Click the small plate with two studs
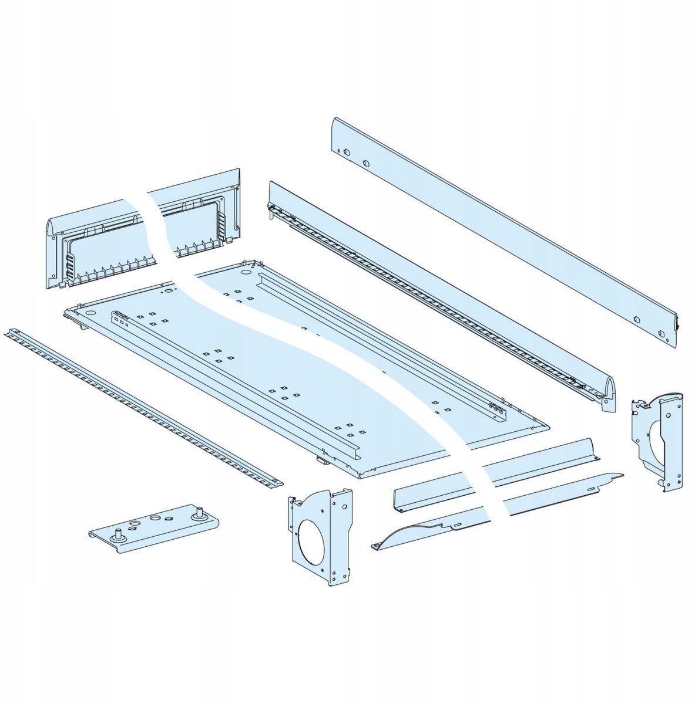click(156, 525)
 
